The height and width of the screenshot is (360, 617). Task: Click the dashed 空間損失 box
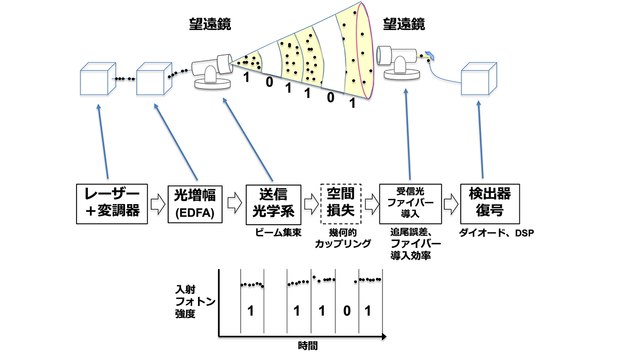click(341, 204)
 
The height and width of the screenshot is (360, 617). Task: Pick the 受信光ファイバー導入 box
click(410, 204)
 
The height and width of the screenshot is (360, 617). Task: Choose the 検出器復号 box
click(485, 204)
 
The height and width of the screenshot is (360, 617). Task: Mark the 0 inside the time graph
click(347, 311)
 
